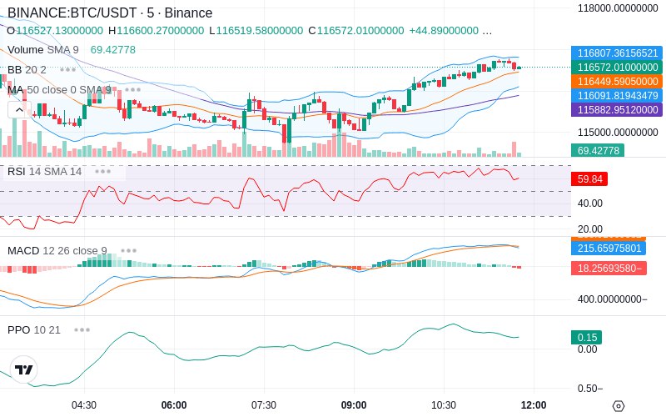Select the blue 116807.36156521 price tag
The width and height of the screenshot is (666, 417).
tap(617, 53)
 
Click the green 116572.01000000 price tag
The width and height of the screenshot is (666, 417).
tap(617, 67)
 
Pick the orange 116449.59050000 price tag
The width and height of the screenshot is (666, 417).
tap(617, 82)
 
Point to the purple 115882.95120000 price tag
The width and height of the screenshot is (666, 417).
tap(617, 110)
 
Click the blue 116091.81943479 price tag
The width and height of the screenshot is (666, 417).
tap(617, 96)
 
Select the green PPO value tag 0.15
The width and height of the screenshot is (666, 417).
tap(586, 338)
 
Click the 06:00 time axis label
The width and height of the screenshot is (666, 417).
tap(174, 405)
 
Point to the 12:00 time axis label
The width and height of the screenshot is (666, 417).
tap(534, 405)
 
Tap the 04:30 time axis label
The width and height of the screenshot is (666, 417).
tap(84, 405)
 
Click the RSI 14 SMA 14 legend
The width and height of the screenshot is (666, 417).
tap(45, 172)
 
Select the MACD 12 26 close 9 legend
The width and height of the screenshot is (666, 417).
tap(57, 250)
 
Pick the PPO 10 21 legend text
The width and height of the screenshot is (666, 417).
tap(34, 329)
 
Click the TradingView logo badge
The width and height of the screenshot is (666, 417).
tap(24, 369)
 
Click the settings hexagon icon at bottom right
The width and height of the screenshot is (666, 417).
tap(618, 406)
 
